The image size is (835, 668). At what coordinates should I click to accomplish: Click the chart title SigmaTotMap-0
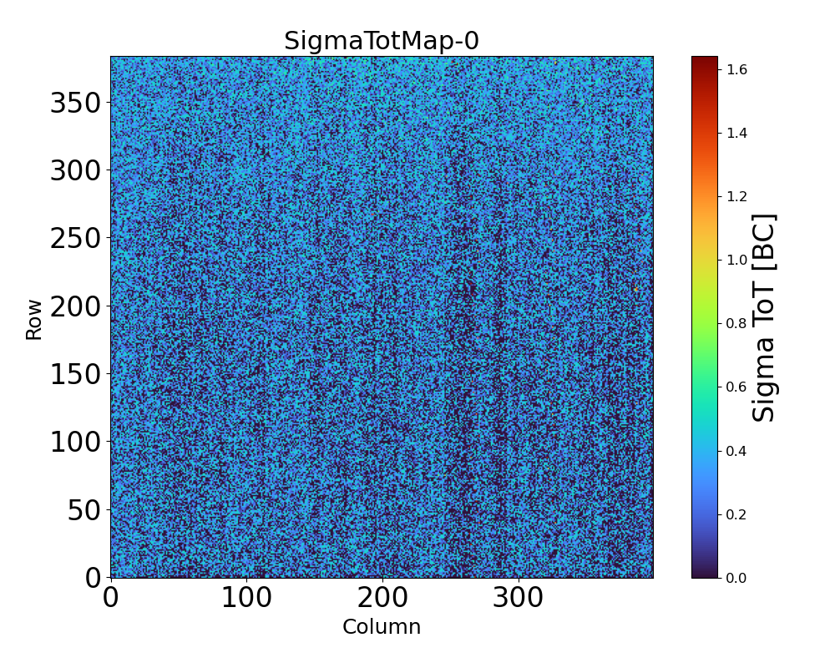point(382,41)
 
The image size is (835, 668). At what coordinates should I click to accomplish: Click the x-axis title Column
point(382,627)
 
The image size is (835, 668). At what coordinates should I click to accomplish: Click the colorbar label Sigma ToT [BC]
point(764,317)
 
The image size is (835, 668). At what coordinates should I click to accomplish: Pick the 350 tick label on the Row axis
point(75,104)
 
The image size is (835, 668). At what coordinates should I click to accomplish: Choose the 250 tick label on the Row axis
point(75,239)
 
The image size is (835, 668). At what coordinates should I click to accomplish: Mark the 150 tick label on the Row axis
point(75,375)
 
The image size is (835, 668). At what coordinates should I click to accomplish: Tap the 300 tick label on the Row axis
point(75,171)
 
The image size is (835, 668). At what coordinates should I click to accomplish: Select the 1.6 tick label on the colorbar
point(736,69)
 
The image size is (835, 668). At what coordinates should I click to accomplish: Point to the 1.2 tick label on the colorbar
point(736,196)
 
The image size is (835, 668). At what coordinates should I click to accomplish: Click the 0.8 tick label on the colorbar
point(736,323)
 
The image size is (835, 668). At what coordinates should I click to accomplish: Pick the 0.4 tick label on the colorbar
point(736,451)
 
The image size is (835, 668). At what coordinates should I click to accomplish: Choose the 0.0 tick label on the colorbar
point(736,578)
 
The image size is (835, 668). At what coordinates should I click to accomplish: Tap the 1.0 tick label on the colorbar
point(736,260)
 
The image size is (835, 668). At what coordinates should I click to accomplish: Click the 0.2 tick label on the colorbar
point(736,514)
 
